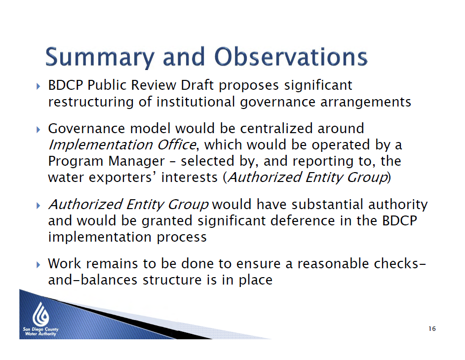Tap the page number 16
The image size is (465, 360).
click(x=432, y=328)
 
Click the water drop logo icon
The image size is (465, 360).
click(x=40, y=314)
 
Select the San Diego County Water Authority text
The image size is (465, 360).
click(x=40, y=331)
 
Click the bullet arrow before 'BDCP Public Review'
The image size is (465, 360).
click(x=38, y=86)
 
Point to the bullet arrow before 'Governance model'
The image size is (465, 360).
click(x=38, y=130)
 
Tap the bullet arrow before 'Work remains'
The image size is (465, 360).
click(x=38, y=265)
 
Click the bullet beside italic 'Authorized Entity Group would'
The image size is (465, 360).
click(x=38, y=206)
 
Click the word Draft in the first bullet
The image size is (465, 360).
click(x=197, y=85)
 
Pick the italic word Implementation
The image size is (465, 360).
click(x=100, y=145)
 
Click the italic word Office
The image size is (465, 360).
click(x=176, y=144)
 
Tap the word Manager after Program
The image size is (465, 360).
click(x=136, y=162)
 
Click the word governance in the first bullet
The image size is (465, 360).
click(x=277, y=103)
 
